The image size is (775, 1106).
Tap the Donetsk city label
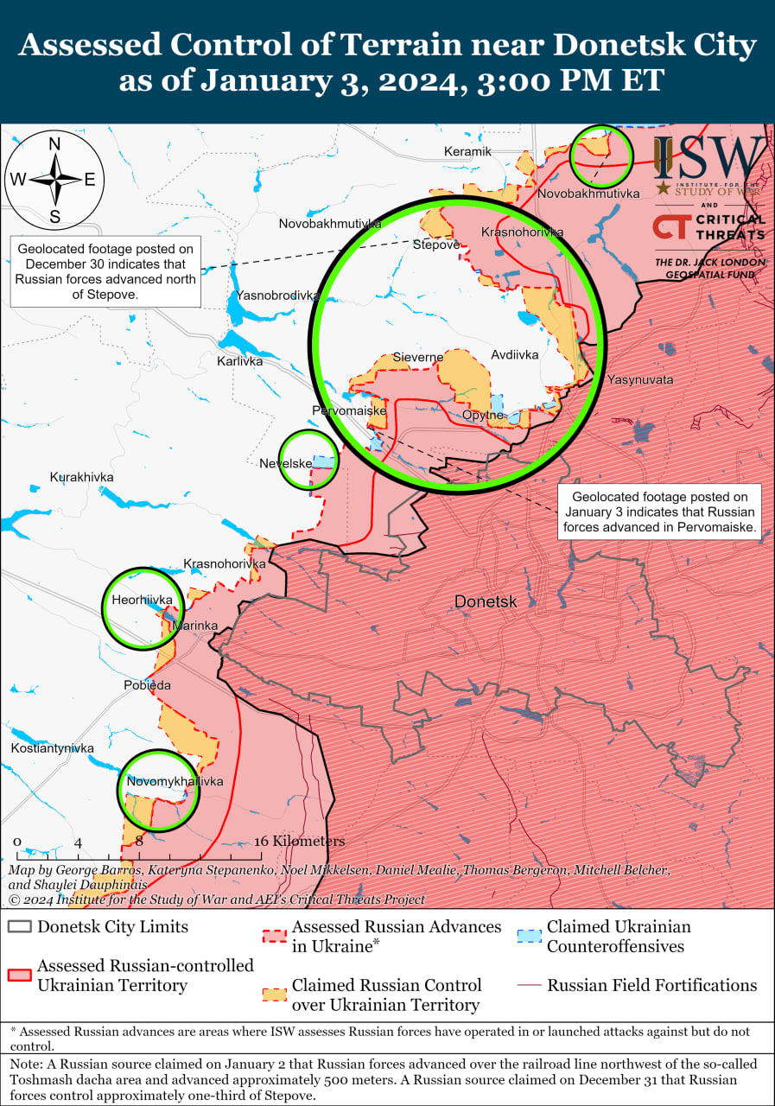[485, 601]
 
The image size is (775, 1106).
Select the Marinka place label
[194, 626]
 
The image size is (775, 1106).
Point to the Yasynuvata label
[639, 379]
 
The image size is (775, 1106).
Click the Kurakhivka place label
[81, 477]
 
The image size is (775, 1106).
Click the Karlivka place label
[239, 361]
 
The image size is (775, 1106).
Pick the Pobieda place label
[147, 685]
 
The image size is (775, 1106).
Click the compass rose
[54, 180]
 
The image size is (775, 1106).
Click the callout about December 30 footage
[105, 271]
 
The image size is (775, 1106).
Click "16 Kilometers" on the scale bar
[299, 842]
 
